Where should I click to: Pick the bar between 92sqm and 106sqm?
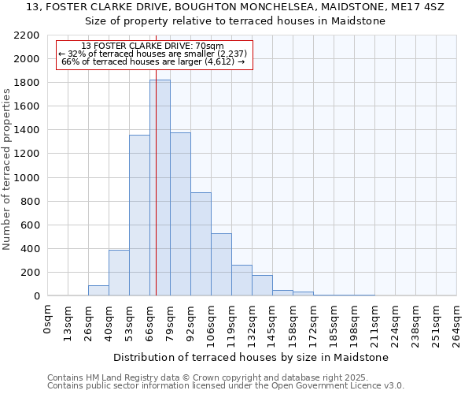click(x=201, y=244)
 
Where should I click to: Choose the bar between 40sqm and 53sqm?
click(x=119, y=273)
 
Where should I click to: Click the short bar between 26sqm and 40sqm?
click(x=98, y=290)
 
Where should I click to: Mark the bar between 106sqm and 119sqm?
click(x=221, y=265)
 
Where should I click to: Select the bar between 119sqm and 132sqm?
click(x=242, y=281)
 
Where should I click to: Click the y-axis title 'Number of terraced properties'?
click(x=7, y=169)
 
